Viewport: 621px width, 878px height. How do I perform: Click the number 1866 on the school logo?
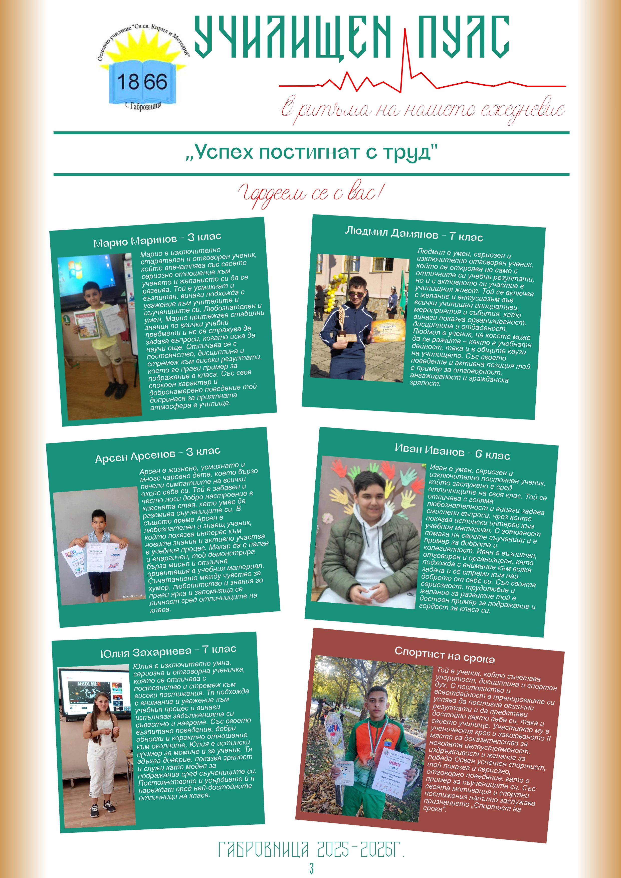pyautogui.click(x=142, y=82)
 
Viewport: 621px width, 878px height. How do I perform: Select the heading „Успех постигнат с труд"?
pyautogui.click(x=311, y=152)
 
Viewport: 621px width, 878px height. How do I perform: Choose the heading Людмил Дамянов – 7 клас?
pyautogui.click(x=414, y=234)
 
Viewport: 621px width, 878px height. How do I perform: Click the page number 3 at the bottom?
pyautogui.click(x=311, y=868)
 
